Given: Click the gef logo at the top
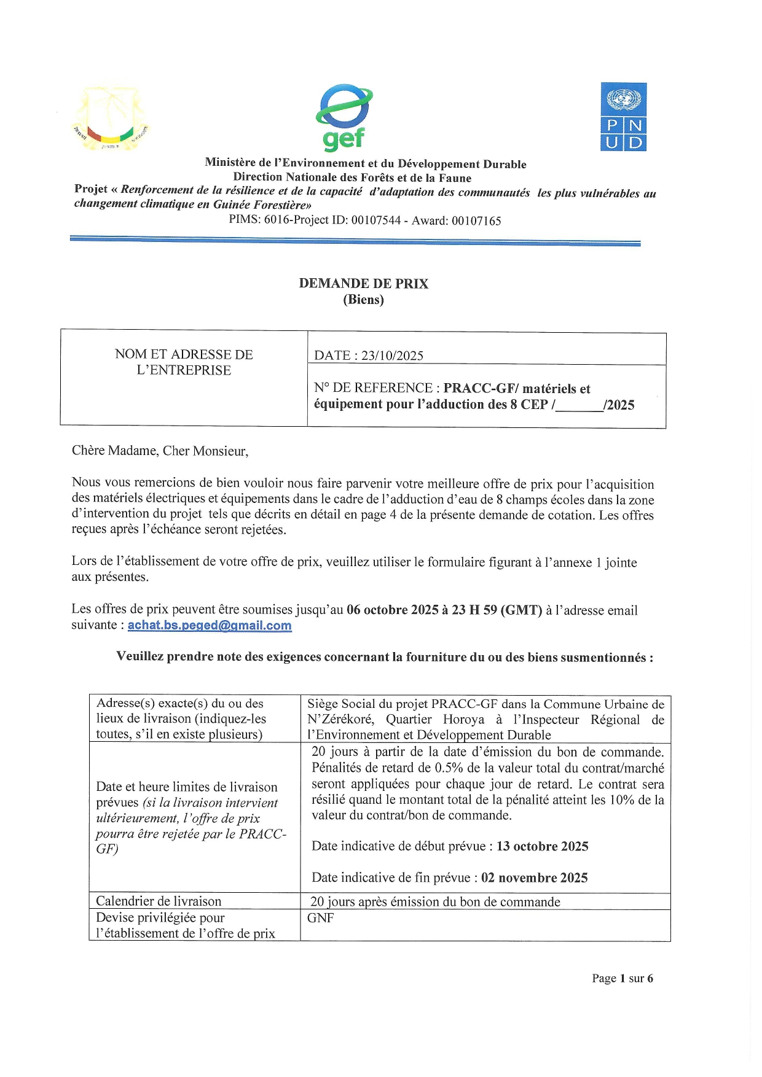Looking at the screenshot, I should click(x=344, y=118).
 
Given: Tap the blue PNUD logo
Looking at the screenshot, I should click(x=623, y=117).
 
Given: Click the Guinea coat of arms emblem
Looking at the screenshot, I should click(x=111, y=119).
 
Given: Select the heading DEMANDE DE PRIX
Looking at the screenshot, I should click(x=363, y=284).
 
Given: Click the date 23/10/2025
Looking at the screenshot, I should click(x=392, y=356).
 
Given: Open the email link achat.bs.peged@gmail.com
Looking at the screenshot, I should click(x=210, y=626).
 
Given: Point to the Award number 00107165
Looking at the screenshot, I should click(x=476, y=220).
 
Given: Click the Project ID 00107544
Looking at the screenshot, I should click(x=375, y=220).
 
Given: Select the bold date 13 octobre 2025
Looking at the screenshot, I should click(x=542, y=846).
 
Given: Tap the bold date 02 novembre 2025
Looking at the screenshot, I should click(x=534, y=877).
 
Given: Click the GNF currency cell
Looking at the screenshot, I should click(x=321, y=918).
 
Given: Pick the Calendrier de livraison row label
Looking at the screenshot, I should click(x=159, y=901).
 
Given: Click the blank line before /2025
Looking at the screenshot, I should click(x=579, y=405).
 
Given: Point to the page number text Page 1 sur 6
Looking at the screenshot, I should click(x=622, y=978).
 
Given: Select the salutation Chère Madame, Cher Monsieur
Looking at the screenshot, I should click(x=160, y=451).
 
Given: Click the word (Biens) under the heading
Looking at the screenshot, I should click(x=363, y=300).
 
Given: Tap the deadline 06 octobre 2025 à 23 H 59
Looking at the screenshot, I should click(x=444, y=610).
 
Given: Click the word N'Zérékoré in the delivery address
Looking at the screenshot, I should click(x=340, y=719).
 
